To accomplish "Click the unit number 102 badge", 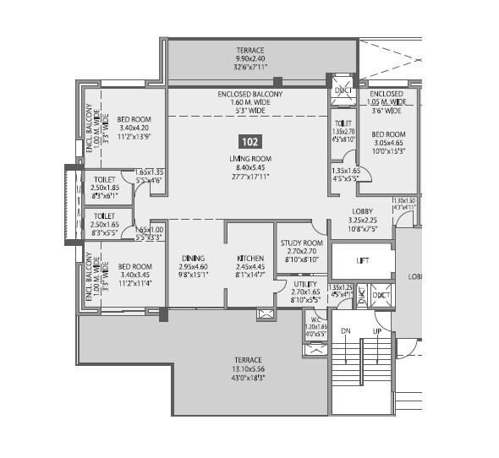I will click(249, 142).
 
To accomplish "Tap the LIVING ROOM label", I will click(249, 158).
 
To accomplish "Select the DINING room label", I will click(194, 259).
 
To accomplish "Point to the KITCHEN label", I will click(250, 259).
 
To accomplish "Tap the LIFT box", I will click(362, 262).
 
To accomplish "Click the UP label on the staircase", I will click(378, 330).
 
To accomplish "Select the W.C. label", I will click(315, 319).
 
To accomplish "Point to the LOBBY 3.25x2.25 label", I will click(362, 211).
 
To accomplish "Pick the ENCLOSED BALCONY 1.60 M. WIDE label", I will click(249, 95).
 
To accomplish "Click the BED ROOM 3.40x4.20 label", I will click(134, 120).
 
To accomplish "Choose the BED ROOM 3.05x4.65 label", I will click(389, 134).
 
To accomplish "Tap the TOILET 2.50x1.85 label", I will click(104, 180).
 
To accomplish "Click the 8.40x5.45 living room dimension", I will click(249, 167).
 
